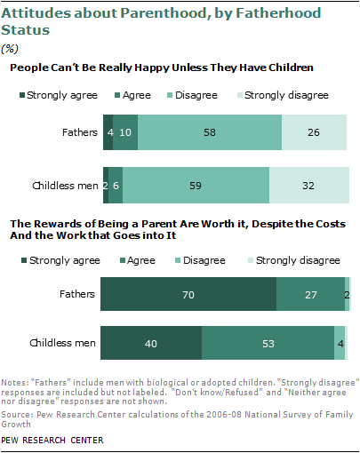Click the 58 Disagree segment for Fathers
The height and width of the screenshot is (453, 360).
[210, 131]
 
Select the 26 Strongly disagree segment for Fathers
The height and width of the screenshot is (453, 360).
[314, 131]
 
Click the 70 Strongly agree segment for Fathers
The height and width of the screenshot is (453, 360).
[188, 293]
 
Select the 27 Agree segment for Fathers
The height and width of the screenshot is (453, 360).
[310, 293]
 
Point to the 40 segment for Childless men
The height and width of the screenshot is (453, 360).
[151, 342]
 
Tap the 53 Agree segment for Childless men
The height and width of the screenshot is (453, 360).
[268, 342]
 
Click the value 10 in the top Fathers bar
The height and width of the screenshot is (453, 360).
[125, 131]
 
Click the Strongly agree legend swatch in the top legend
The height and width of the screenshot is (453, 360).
[22, 94]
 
